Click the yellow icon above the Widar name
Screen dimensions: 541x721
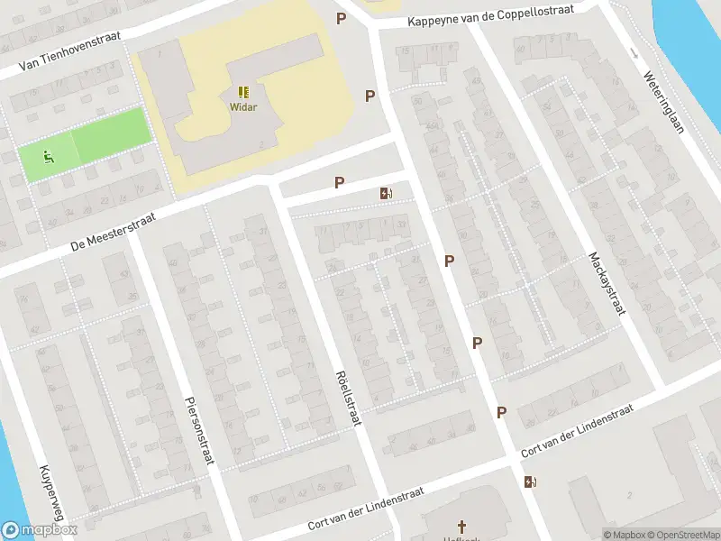point(243,92)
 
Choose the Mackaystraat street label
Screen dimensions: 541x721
point(607,282)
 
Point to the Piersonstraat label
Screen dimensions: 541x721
point(197,430)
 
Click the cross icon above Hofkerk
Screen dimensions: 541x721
point(462,526)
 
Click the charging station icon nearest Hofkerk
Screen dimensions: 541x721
point(529,481)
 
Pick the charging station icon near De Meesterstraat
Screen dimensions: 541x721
point(387,193)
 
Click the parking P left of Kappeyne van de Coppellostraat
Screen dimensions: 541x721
point(341,18)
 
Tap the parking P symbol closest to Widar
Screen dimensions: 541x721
point(370,96)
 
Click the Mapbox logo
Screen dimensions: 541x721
point(40,530)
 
